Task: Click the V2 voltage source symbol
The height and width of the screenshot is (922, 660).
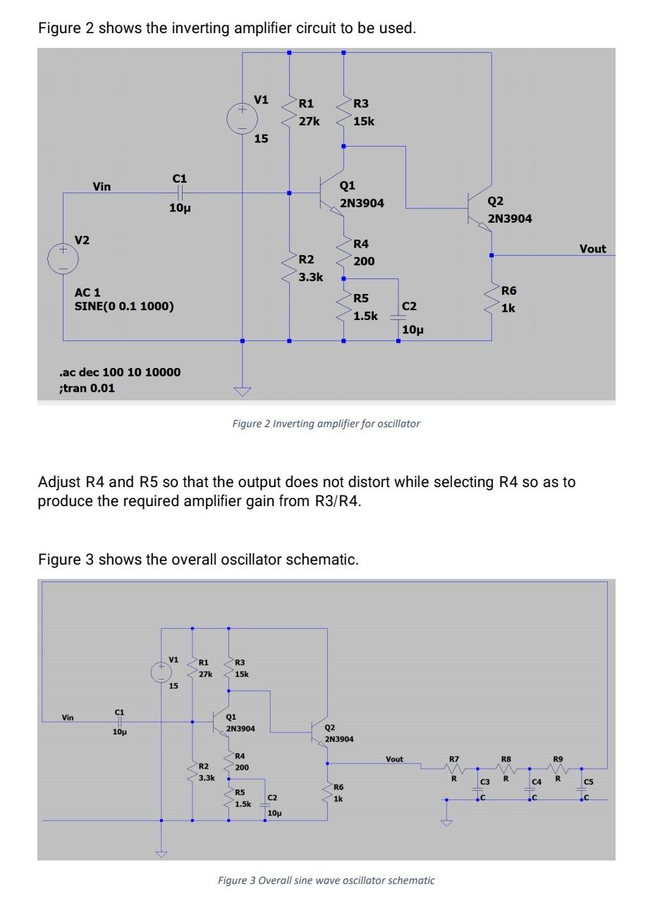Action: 63,258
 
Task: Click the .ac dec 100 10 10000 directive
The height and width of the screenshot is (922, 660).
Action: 120,372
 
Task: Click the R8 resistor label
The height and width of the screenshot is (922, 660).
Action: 506,760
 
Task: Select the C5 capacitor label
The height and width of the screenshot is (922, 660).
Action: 588,781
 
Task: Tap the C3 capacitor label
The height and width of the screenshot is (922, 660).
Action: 484,782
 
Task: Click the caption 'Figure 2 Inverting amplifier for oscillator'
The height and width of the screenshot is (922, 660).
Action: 326,424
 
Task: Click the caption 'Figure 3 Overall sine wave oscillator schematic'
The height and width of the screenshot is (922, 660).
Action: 326,880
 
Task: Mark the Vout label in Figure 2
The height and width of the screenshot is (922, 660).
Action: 592,249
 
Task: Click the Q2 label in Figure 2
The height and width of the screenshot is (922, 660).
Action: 496,202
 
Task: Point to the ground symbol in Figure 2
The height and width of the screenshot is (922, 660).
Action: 242,392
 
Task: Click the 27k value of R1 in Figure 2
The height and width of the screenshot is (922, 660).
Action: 309,121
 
